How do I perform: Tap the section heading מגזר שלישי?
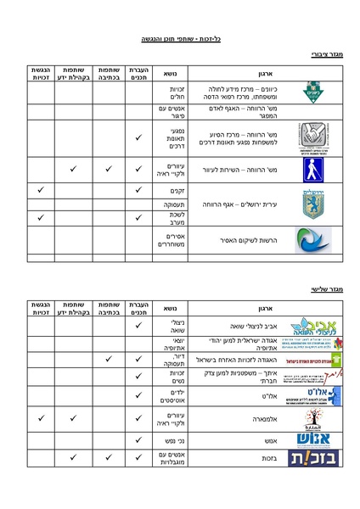click(x=325, y=289)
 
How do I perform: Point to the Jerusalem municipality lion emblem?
click(x=310, y=204)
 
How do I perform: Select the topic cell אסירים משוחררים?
click(x=172, y=239)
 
